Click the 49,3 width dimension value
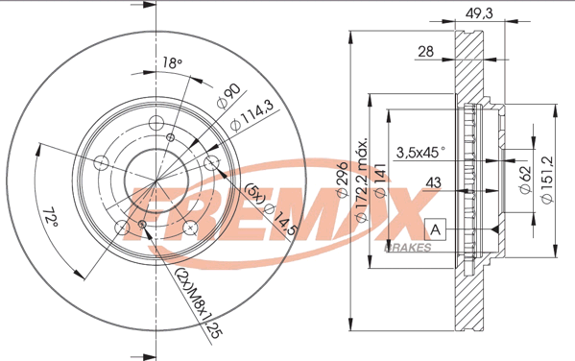[479, 13]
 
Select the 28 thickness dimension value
[426, 51]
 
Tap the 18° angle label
[173, 63]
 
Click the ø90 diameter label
[228, 96]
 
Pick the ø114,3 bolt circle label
[252, 115]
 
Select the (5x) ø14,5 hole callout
[271, 209]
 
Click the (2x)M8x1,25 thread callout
[199, 303]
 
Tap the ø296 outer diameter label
[343, 180]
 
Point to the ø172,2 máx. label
[362, 180]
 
